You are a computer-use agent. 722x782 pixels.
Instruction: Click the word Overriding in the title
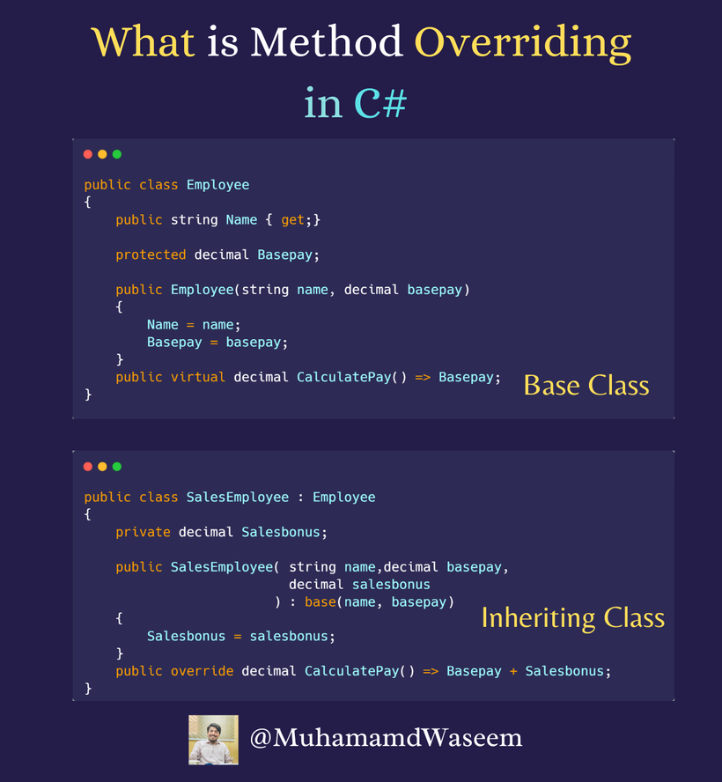522,42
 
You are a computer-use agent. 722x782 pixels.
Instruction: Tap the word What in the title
143,42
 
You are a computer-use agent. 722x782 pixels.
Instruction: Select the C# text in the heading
380,103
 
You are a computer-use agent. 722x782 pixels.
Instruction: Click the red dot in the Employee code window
88,154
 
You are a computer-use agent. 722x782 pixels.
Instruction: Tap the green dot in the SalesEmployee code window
117,467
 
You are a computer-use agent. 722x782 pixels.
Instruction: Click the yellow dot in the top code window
102,154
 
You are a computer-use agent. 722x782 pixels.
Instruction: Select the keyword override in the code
203,671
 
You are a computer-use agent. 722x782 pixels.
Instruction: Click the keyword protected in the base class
151,255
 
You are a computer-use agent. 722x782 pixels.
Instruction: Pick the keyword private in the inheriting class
143,532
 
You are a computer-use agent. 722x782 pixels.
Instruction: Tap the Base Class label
586,385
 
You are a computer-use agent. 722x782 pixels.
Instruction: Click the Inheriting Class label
572,617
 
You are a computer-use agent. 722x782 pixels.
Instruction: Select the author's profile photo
213,739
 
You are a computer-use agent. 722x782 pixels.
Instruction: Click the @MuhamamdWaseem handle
386,738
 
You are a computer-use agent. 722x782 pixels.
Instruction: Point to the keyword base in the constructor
320,602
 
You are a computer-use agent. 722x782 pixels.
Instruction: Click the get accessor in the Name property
292,220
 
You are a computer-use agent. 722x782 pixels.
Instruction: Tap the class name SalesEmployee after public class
237,498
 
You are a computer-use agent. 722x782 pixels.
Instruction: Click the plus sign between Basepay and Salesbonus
513,671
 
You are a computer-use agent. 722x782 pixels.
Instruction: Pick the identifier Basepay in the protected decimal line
285,255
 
